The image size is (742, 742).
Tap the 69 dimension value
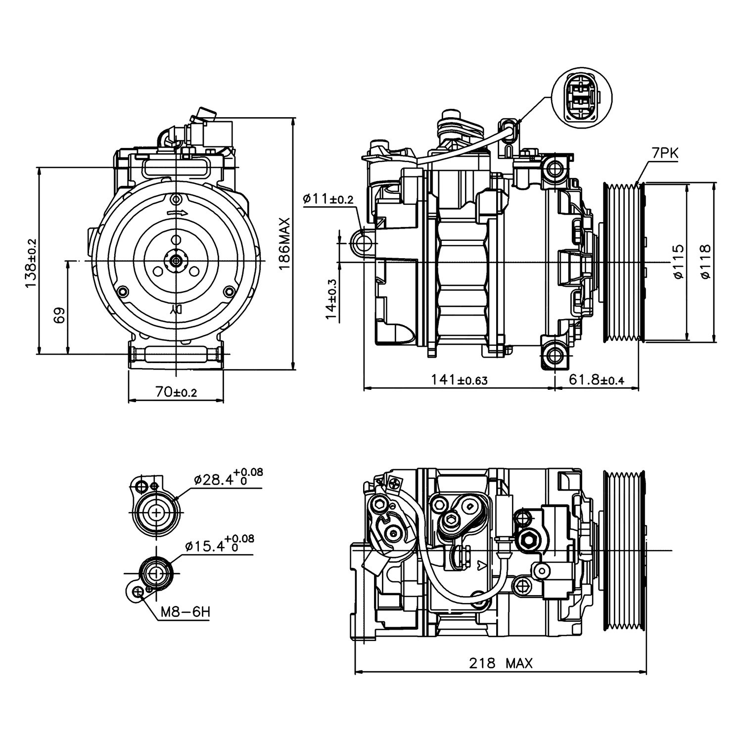(59, 315)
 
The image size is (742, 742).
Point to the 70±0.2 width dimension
(176, 392)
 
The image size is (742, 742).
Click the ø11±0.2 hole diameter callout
(328, 199)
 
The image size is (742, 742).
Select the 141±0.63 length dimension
(459, 379)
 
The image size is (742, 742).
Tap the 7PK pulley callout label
(664, 154)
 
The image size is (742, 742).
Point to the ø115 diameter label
(678, 262)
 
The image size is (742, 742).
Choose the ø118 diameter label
(706, 262)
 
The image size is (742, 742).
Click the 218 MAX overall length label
(501, 663)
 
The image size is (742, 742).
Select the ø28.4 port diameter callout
(228, 478)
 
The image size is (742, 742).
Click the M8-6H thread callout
(185, 612)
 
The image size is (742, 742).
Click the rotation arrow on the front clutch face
(177, 213)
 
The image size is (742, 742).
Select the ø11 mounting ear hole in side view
(364, 243)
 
